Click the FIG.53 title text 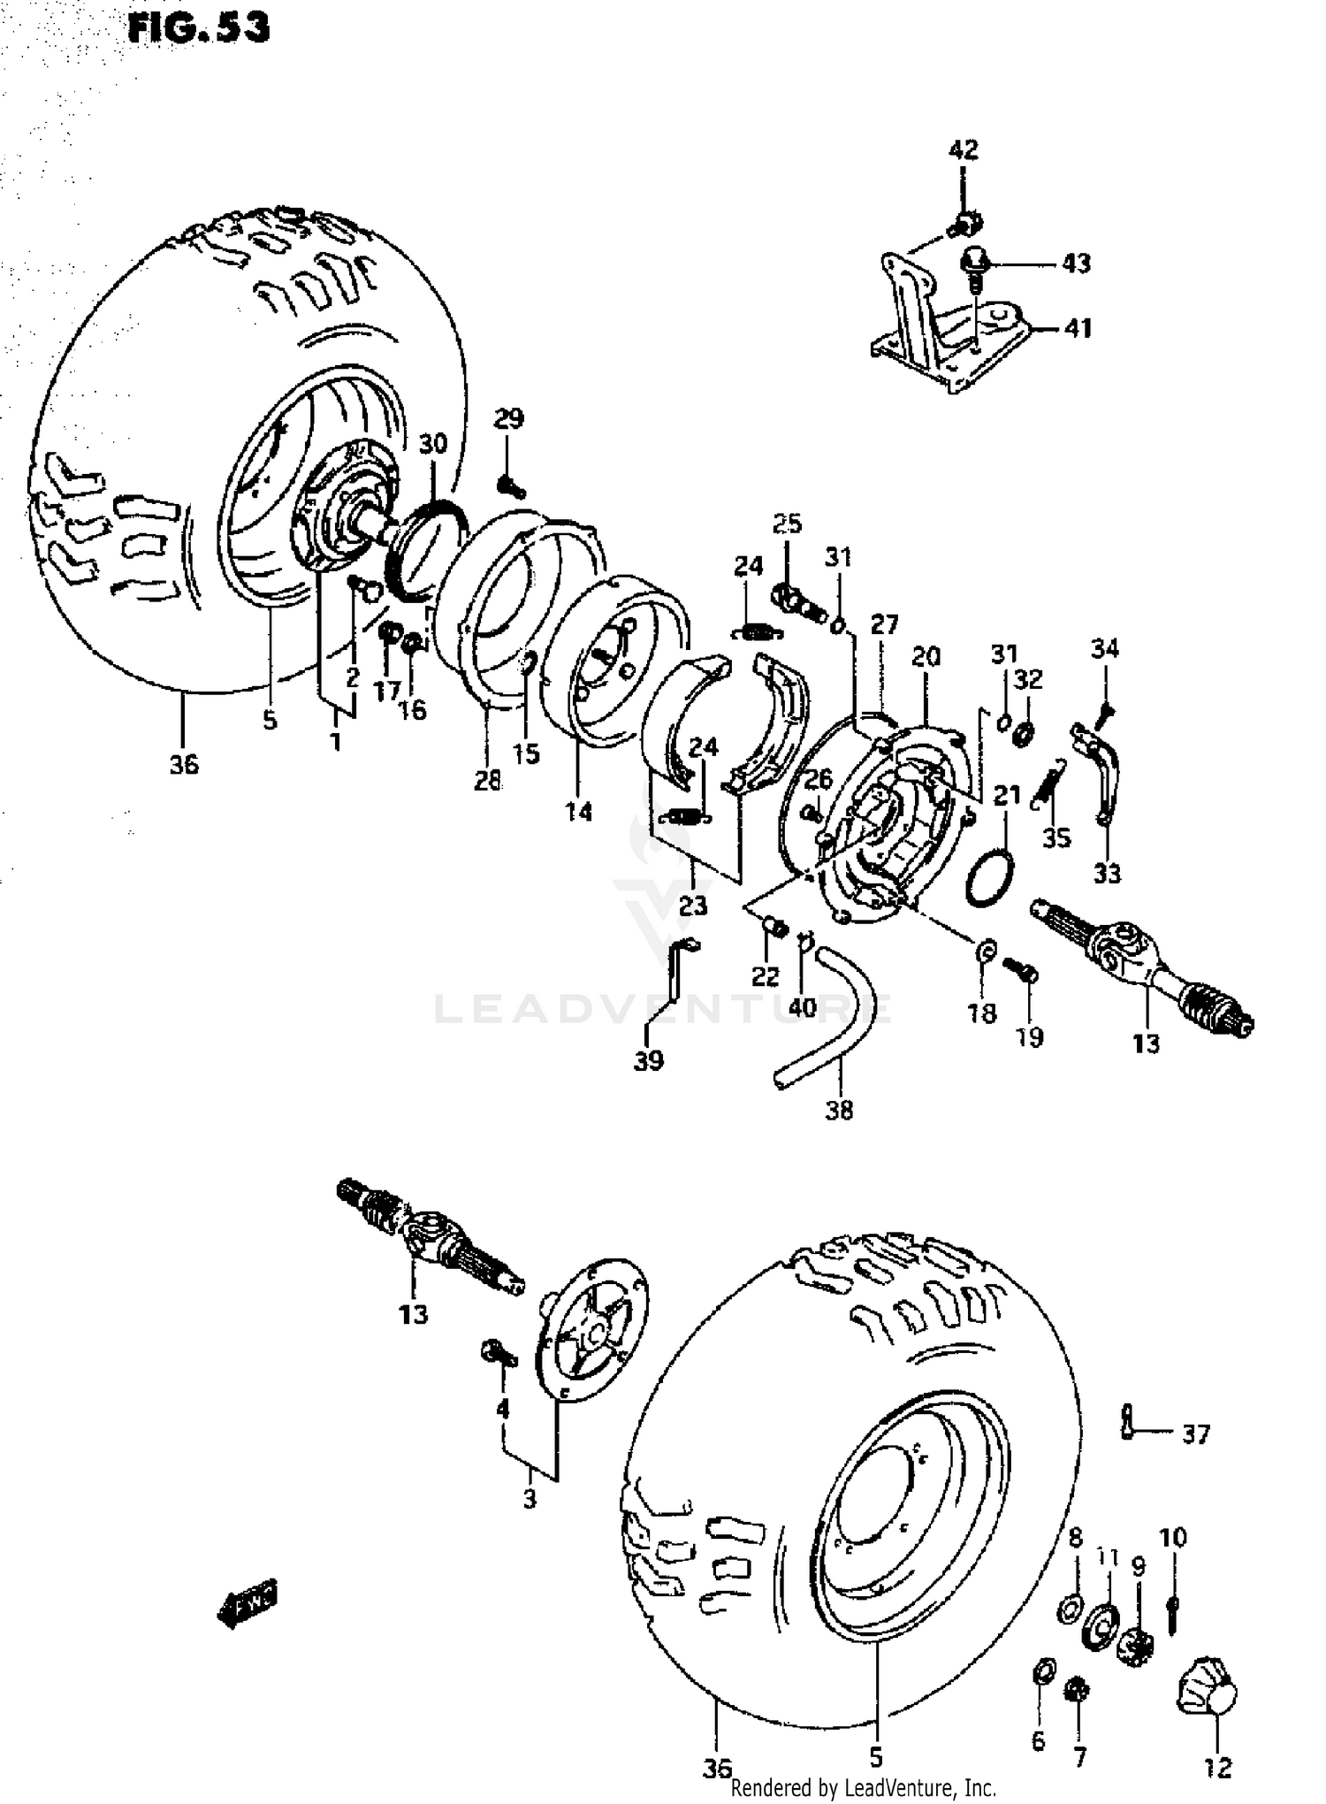point(198,28)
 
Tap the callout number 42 point(964,149)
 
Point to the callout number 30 point(433,443)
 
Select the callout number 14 point(579,810)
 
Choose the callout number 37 point(1195,1433)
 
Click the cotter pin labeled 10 point(1172,1616)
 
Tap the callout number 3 point(529,1499)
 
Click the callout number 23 point(693,905)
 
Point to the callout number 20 point(926,656)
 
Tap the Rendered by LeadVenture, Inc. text point(864,1788)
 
